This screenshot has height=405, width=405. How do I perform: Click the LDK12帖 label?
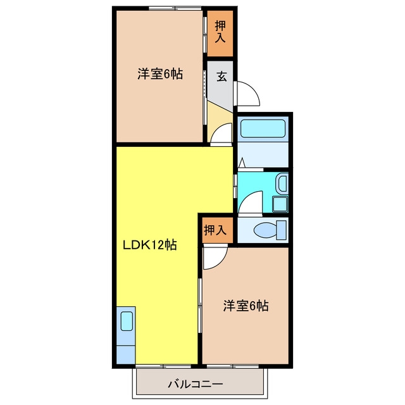(x=149, y=245)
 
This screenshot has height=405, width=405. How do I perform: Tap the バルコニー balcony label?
(x=196, y=384)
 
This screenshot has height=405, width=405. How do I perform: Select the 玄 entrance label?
(x=221, y=77)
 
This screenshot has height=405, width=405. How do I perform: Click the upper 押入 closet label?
(x=220, y=32)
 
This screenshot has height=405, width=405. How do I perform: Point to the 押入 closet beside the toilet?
(x=215, y=230)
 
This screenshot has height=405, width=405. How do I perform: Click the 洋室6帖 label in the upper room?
(x=160, y=74)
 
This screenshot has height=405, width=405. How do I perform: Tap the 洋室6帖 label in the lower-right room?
(x=246, y=306)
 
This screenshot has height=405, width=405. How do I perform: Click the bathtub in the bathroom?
(x=263, y=129)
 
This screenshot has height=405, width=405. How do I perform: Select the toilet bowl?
(x=265, y=230)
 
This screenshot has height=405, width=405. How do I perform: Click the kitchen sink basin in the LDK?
(x=127, y=321)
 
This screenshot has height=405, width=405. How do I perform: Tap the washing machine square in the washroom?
(x=280, y=204)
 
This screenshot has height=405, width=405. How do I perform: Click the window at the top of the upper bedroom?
(x=175, y=8)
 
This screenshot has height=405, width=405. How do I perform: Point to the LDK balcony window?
(x=163, y=366)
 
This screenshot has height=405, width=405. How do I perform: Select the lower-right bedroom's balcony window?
(x=233, y=366)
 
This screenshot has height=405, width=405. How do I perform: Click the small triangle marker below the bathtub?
(x=242, y=163)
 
